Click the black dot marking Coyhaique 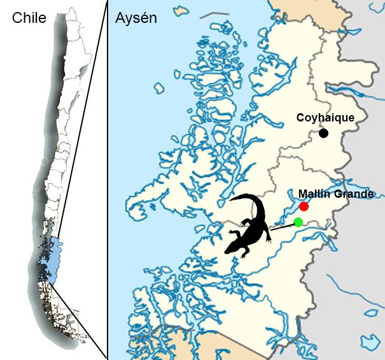click(x=324, y=133)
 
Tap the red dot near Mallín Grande click(x=304, y=207)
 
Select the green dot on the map click(x=298, y=221)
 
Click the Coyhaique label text click(x=325, y=118)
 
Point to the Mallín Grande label click(x=336, y=194)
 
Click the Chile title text click(x=29, y=18)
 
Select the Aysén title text click(x=136, y=18)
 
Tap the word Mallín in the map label click(x=316, y=194)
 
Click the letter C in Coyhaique click(x=300, y=118)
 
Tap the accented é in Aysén click(x=144, y=18)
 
